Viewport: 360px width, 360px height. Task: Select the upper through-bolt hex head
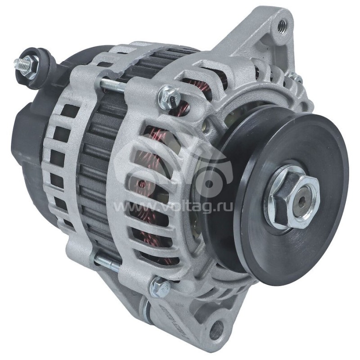click(x=169, y=95)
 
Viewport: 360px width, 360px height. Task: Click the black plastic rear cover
click(x=27, y=135)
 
